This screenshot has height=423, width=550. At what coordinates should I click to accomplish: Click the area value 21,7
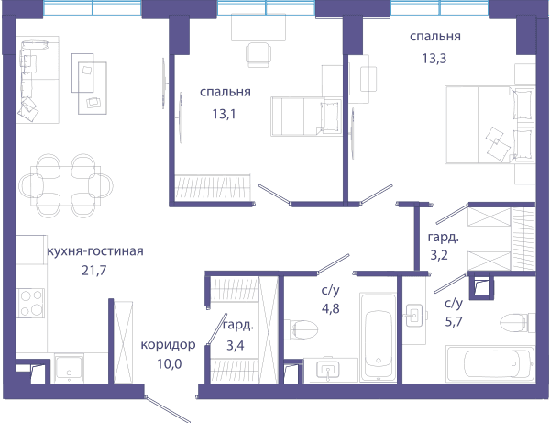coord(94,271)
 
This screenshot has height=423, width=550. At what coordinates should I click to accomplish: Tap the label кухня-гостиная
coord(95,251)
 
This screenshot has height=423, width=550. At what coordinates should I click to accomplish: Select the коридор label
coord(168,345)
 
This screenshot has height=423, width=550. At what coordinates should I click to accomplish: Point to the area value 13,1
coord(224,114)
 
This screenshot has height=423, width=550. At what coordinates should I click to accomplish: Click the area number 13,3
coord(434,59)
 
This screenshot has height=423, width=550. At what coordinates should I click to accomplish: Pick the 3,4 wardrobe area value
coord(235,345)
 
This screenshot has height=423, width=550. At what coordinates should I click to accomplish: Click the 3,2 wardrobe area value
coord(439,255)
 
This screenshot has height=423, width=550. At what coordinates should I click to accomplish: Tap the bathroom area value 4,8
coord(331,308)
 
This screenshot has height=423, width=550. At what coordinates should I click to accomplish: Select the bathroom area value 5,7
coord(454,321)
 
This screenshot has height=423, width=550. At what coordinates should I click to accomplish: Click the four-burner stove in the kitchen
coord(31,303)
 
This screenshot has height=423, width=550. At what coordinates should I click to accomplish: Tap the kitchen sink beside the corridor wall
coord(69,368)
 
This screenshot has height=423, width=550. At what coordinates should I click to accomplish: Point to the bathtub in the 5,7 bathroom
coord(490,364)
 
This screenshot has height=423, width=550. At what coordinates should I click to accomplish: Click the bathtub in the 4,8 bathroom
coord(379,338)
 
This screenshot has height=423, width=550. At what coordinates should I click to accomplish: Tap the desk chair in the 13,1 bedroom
coord(258,54)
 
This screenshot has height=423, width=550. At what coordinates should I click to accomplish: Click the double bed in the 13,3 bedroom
coord(490,125)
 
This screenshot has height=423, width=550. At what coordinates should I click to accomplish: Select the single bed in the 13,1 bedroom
coord(306,117)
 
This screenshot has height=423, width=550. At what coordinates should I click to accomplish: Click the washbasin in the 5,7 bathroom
coord(414,316)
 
